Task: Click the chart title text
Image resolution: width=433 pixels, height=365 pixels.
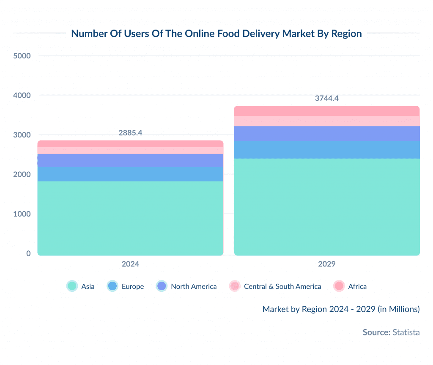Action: pyautogui.click(x=216, y=34)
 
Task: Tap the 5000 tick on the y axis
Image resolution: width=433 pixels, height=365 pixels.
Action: pyautogui.click(x=22, y=56)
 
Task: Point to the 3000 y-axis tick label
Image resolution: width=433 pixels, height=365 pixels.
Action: pyautogui.click(x=22, y=135)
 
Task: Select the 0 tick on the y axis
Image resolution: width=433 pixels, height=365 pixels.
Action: pyautogui.click(x=28, y=253)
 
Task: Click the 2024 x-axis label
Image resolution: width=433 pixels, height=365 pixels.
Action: pyautogui.click(x=130, y=264)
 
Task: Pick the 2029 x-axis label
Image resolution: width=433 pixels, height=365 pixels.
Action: pyautogui.click(x=326, y=264)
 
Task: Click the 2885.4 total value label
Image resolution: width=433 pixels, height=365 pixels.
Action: pyautogui.click(x=130, y=133)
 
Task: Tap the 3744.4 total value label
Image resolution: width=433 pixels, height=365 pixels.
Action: pyautogui.click(x=327, y=99)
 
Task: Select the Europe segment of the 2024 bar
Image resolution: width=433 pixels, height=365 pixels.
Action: pyautogui.click(x=130, y=174)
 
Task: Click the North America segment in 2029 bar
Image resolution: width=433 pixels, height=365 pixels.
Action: pyautogui.click(x=327, y=134)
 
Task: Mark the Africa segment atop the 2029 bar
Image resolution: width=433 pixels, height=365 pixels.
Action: pyautogui.click(x=327, y=111)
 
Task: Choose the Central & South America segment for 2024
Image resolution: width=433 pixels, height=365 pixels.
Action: pyautogui.click(x=130, y=151)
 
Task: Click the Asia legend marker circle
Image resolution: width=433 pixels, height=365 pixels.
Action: pyautogui.click(x=72, y=286)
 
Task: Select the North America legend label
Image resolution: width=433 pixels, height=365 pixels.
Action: pyautogui.click(x=194, y=286)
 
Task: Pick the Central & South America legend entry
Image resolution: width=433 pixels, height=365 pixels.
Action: pyautogui.click(x=282, y=286)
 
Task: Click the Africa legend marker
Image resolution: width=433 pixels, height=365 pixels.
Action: pyautogui.click(x=339, y=286)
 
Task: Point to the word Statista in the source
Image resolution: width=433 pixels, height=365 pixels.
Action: pyautogui.click(x=406, y=332)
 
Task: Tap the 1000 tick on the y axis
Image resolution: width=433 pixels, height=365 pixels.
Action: pyautogui.click(x=22, y=214)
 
